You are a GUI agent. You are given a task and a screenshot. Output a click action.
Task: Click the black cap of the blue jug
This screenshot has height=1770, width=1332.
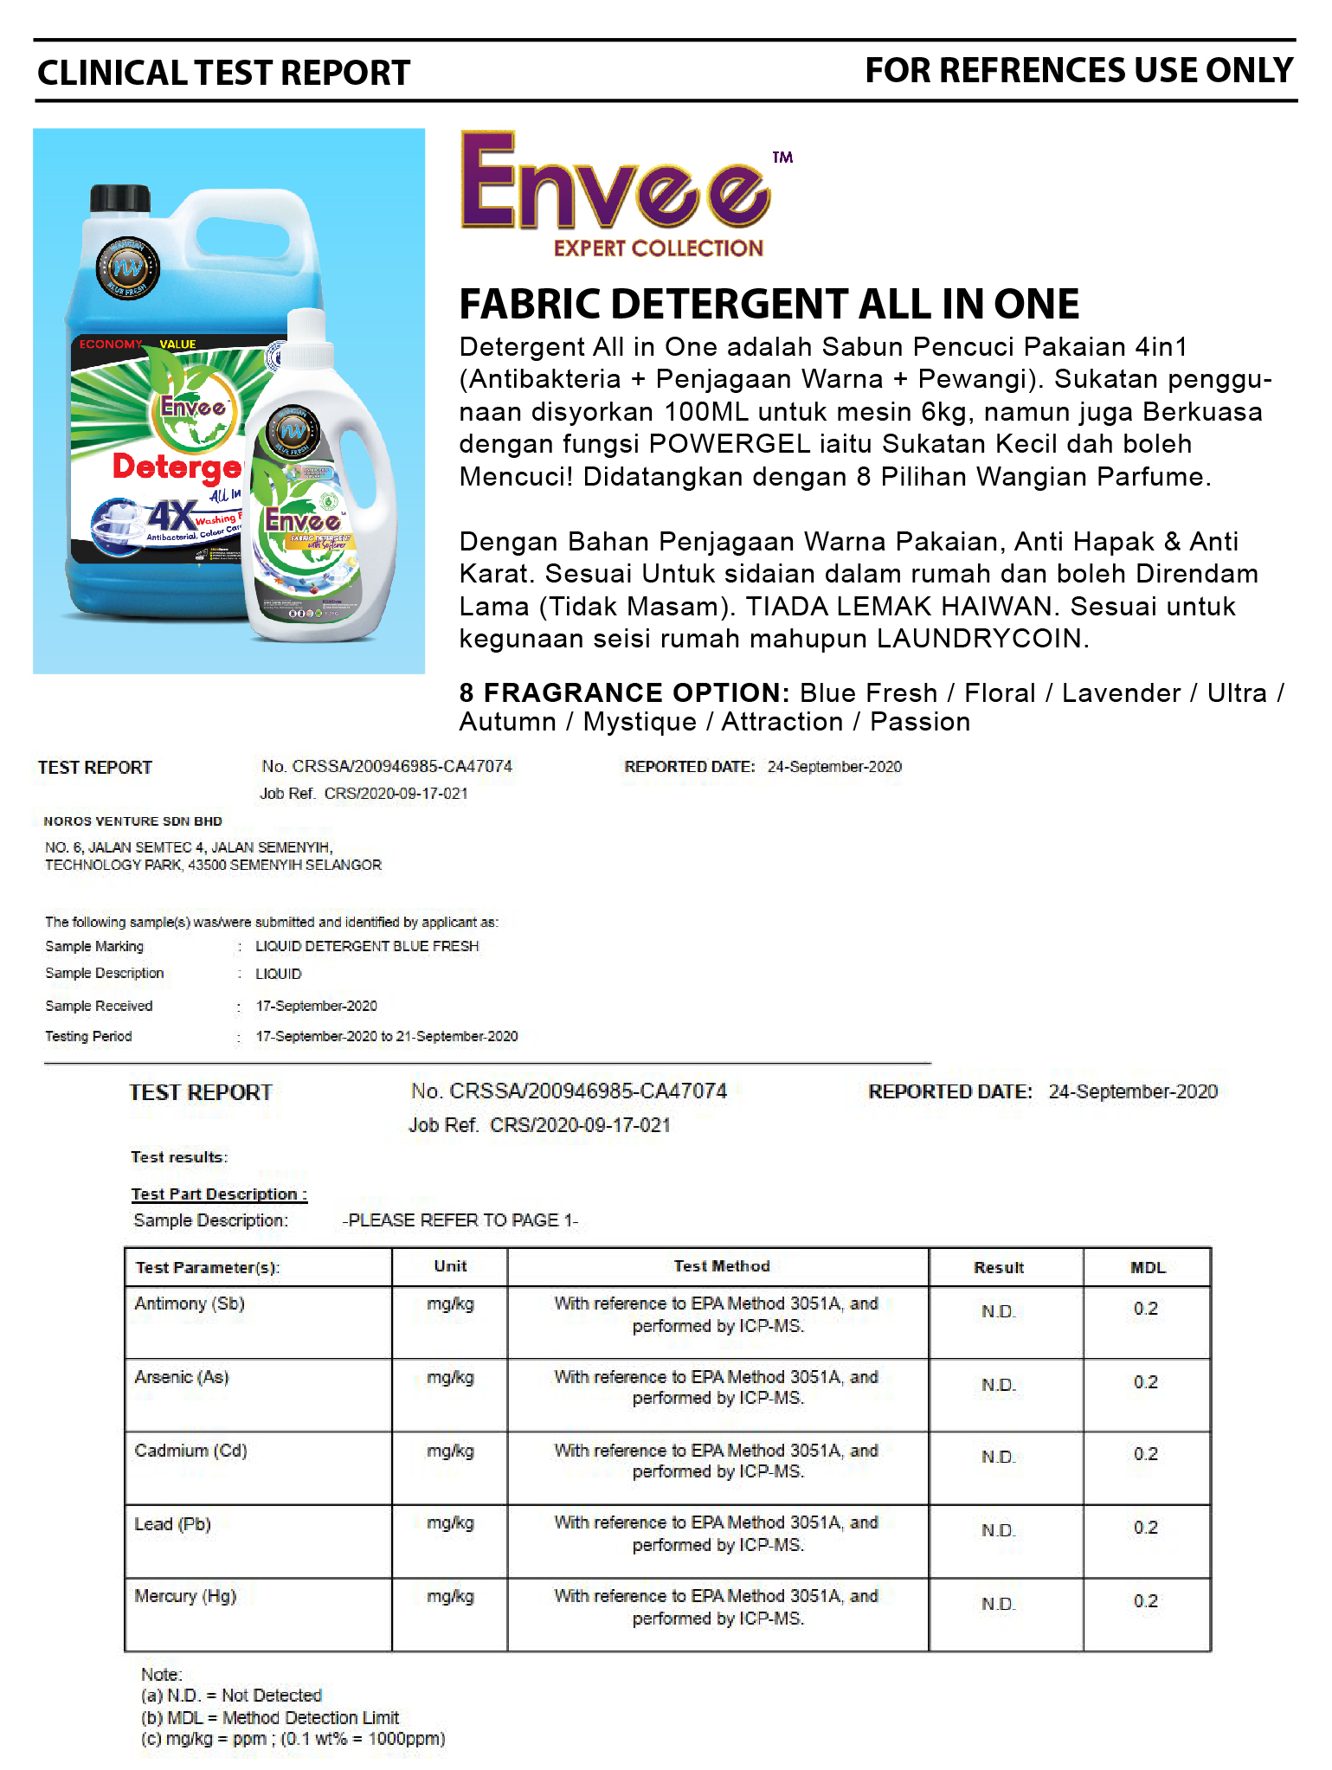click(120, 198)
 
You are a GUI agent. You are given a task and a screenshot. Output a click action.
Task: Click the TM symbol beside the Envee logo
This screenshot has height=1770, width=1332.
click(782, 158)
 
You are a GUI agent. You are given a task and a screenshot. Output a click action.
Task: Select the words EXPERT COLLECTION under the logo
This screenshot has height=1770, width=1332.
click(659, 249)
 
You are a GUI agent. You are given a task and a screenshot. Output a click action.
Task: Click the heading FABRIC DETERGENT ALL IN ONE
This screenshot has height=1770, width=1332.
click(769, 305)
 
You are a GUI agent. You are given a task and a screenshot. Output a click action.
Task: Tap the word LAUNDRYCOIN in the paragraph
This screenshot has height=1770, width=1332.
click(981, 639)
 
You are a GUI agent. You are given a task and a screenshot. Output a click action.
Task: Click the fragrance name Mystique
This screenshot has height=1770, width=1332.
click(640, 722)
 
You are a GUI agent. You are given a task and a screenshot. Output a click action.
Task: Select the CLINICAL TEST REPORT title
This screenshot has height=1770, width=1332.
click(223, 74)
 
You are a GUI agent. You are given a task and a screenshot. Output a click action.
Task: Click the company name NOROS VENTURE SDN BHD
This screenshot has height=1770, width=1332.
click(133, 821)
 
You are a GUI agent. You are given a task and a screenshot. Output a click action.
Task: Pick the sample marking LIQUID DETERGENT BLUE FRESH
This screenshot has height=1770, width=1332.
click(367, 946)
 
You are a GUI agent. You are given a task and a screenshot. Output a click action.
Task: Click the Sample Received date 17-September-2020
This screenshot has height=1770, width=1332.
click(317, 1006)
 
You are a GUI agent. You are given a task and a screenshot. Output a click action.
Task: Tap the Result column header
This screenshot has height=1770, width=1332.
click(999, 1268)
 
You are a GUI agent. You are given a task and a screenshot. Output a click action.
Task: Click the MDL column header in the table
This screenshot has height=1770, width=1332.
click(1148, 1268)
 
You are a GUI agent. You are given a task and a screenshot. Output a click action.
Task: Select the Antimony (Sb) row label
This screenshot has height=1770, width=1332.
click(190, 1303)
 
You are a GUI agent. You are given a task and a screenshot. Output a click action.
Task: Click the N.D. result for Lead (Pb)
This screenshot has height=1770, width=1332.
click(998, 1530)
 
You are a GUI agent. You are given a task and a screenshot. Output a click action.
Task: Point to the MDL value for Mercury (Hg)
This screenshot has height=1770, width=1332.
click(1146, 1601)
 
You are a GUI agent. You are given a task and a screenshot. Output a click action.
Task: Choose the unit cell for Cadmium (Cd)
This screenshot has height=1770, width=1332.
click(450, 1451)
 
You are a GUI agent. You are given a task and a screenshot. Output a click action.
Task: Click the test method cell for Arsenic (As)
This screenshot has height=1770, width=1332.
click(717, 1387)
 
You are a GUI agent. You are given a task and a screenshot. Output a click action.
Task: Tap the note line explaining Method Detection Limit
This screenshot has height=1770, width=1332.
click(270, 1717)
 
